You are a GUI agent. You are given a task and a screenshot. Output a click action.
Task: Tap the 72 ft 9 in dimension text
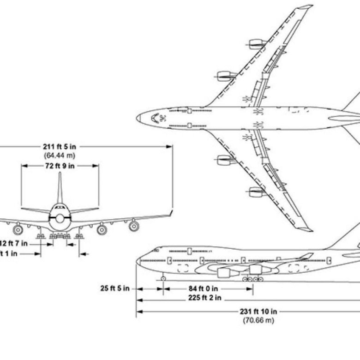tap(59, 166)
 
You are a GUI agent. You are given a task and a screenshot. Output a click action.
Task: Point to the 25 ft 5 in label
tap(115, 289)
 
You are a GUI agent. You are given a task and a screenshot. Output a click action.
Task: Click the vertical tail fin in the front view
tap(60, 189)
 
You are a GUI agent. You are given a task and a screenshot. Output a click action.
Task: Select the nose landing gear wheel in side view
tap(163, 278)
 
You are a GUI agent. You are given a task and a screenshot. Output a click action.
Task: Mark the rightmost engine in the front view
tap(133, 226)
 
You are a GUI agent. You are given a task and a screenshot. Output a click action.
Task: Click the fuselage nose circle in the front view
tap(60, 218)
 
